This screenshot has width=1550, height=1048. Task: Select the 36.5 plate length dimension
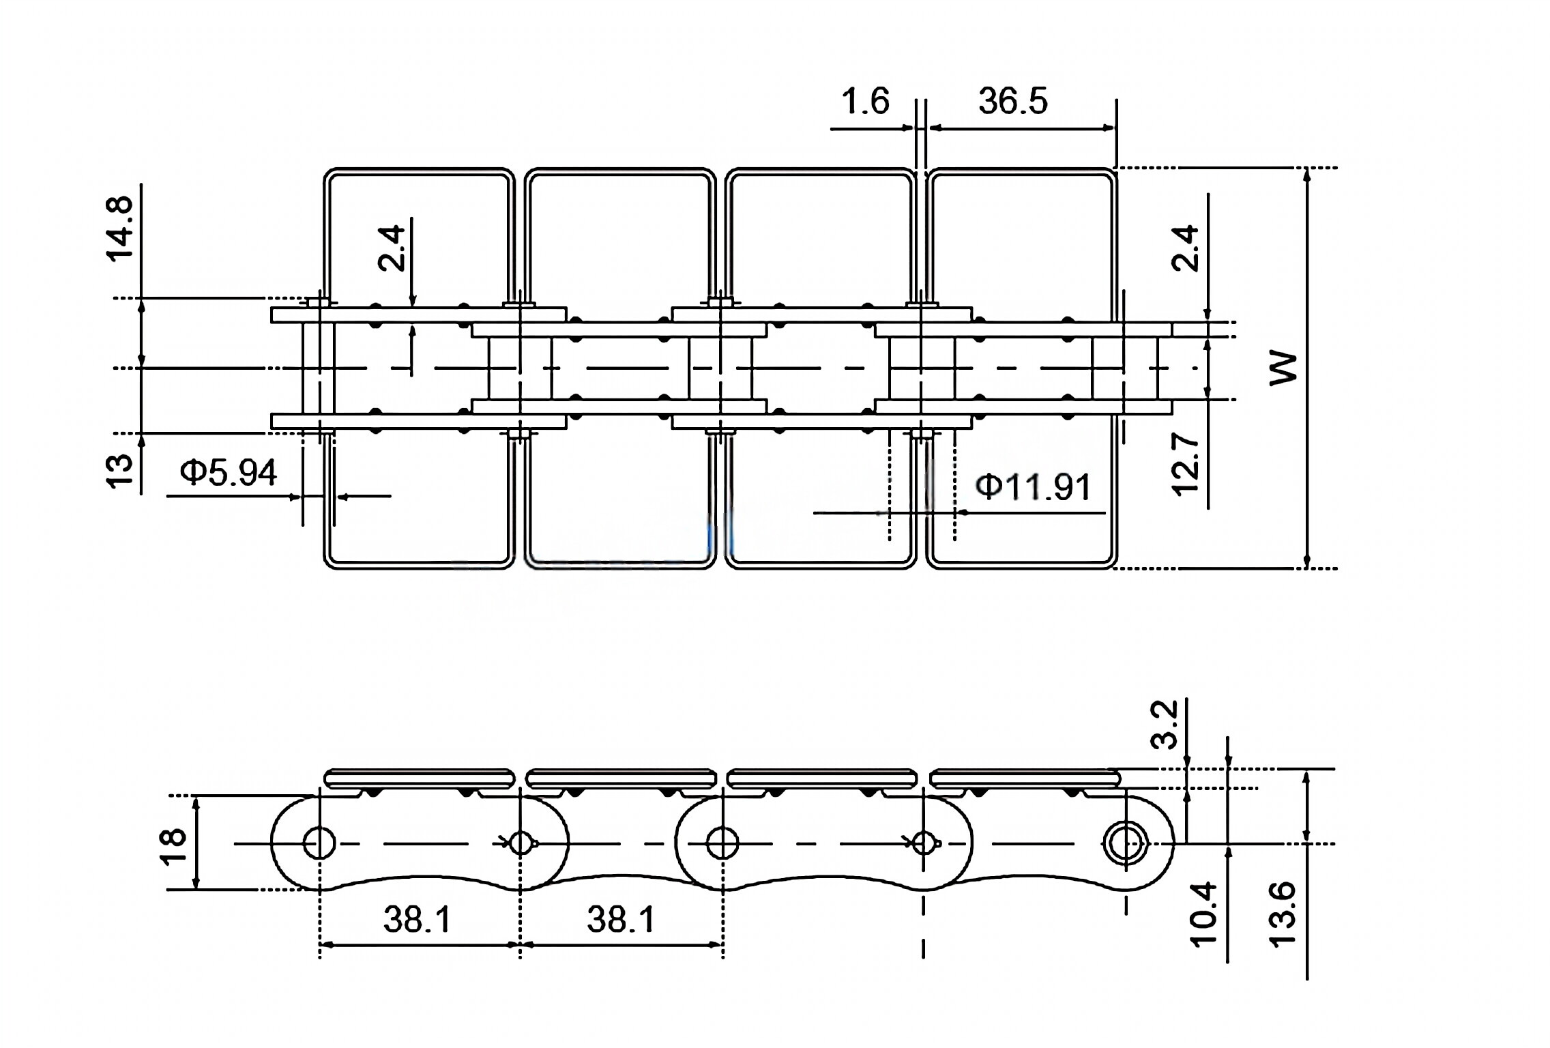[1012, 101]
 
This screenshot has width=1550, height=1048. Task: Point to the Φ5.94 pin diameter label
[229, 472]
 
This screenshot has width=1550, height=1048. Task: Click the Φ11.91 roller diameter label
[1033, 486]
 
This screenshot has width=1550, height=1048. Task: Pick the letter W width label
[1283, 368]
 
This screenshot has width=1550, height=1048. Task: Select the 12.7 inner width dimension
[1185, 464]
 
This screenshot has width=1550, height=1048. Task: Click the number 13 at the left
[119, 471]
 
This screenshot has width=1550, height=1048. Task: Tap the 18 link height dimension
[175, 846]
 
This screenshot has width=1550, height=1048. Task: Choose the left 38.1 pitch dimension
[417, 919]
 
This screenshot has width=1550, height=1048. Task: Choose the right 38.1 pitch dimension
[621, 919]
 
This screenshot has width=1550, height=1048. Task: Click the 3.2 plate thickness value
[1166, 724]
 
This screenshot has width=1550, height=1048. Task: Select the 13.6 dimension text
[1282, 912]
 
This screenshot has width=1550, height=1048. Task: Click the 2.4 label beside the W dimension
[1186, 248]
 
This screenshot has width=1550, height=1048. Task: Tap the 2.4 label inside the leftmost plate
[392, 248]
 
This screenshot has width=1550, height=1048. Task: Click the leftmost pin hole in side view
[319, 843]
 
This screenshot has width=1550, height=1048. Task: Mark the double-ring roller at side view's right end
[1125, 844]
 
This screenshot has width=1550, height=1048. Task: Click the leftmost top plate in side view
[419, 778]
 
